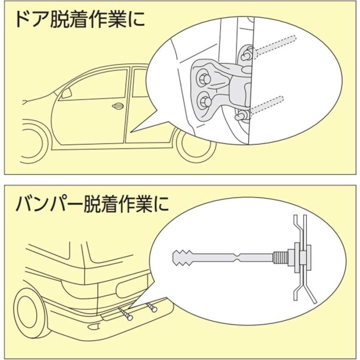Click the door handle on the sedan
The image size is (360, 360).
(x=117, y=106)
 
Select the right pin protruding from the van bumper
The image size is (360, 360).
(x=152, y=308)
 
